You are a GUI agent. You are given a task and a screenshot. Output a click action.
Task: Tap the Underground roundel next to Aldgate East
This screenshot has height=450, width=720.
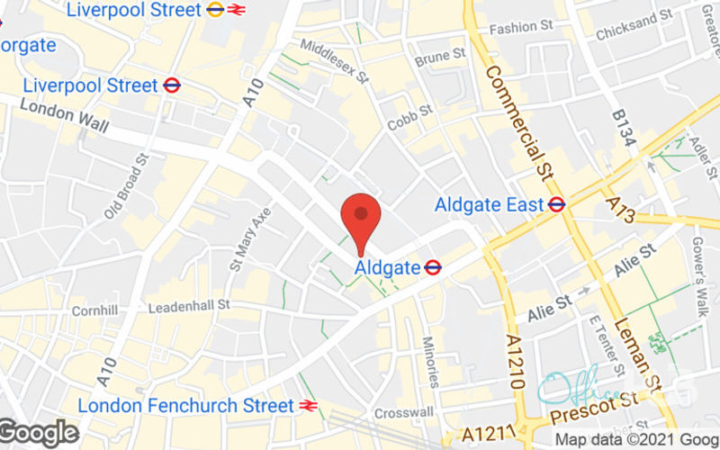tap(556, 205)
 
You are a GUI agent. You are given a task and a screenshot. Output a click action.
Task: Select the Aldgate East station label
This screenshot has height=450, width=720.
tap(489, 205)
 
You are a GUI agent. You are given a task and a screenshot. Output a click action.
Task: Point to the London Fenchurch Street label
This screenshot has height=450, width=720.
tap(185, 406)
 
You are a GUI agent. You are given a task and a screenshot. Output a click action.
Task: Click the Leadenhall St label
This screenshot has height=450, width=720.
tap(189, 307)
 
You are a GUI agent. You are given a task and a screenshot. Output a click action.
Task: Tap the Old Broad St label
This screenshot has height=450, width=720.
tap(125, 186)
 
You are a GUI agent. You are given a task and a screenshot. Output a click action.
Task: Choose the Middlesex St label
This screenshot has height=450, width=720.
tap(335, 60)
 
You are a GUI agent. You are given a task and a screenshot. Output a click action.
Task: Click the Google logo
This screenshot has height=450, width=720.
tap(39, 433)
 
